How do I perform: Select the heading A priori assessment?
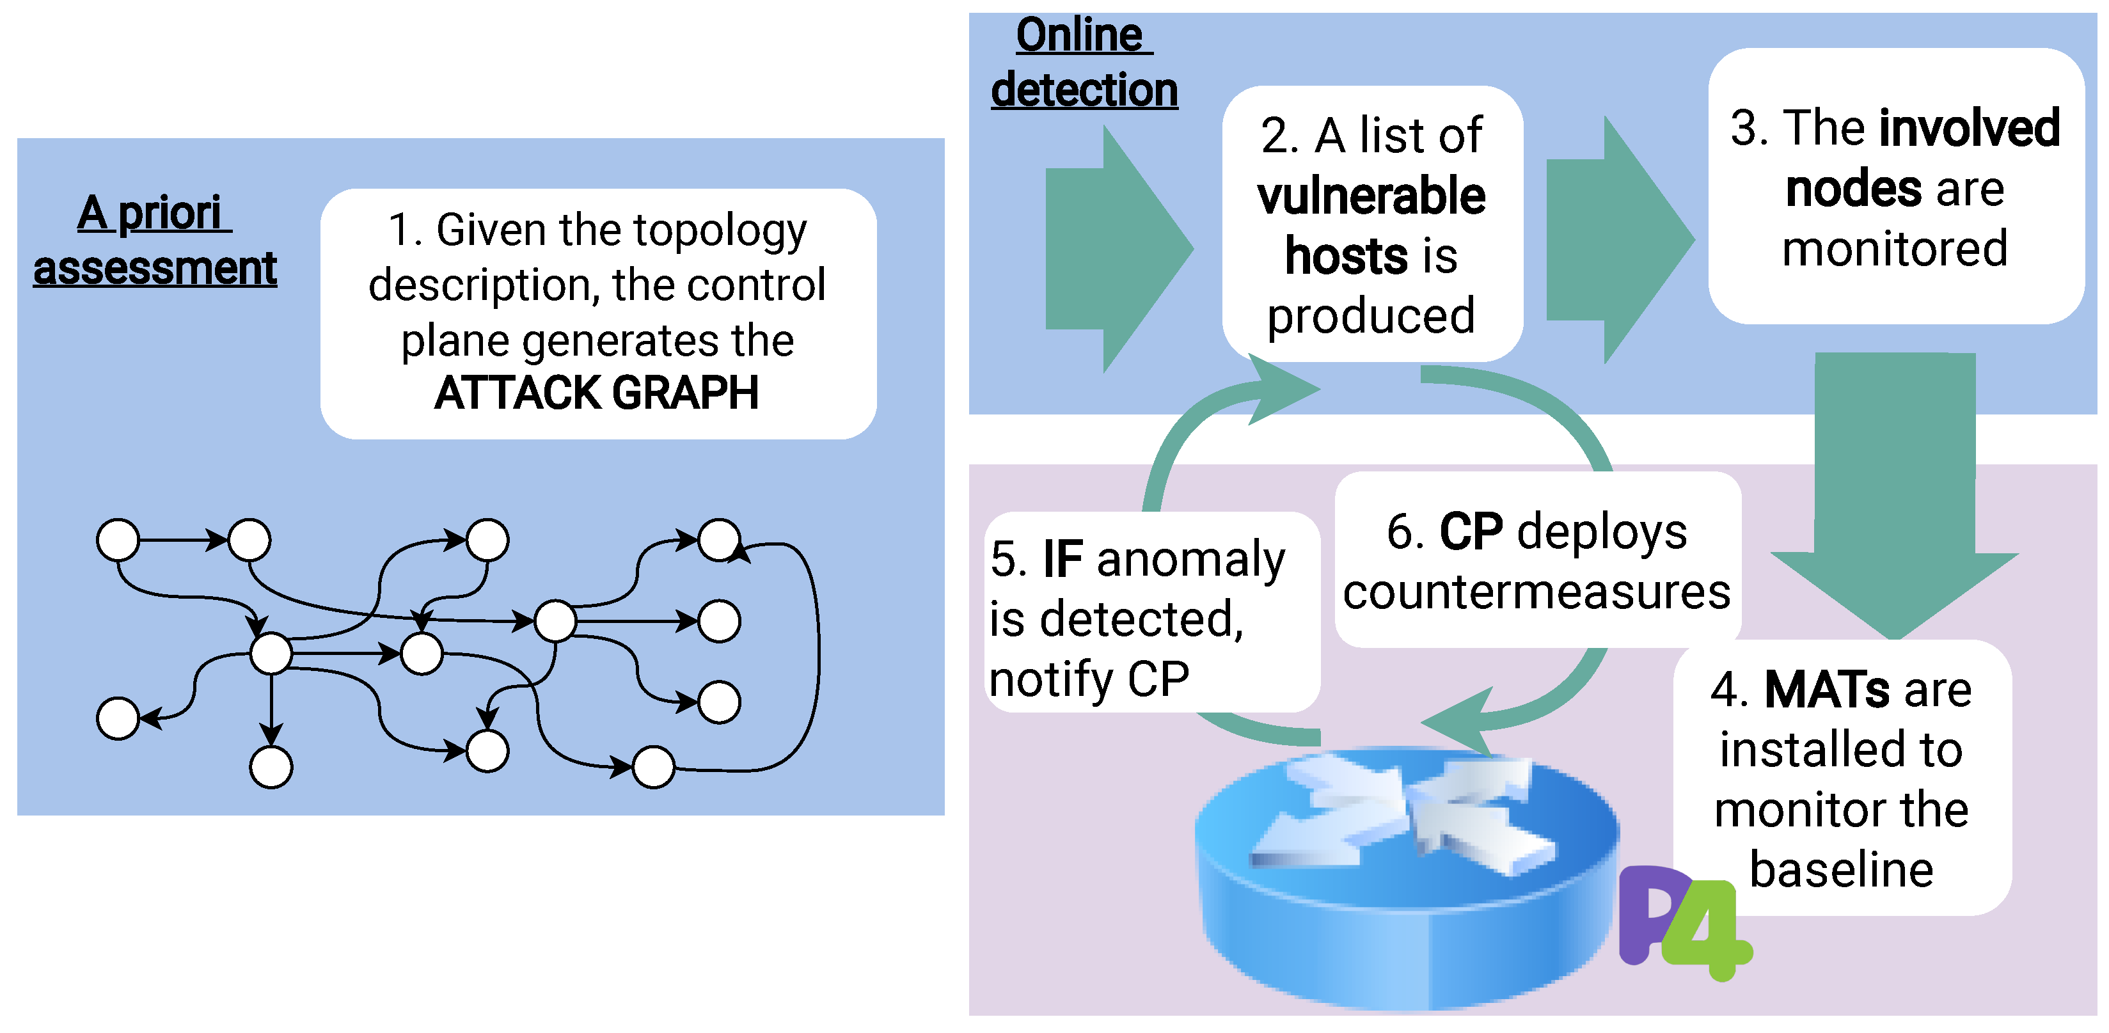[155, 241]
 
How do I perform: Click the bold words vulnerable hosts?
[1371, 225]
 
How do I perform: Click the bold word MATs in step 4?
[1826, 690]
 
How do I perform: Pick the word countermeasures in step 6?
[1536, 592]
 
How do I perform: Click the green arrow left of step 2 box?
[1118, 248]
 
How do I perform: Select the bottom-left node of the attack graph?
[118, 719]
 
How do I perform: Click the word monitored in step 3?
[1895, 249]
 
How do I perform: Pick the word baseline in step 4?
[1841, 869]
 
